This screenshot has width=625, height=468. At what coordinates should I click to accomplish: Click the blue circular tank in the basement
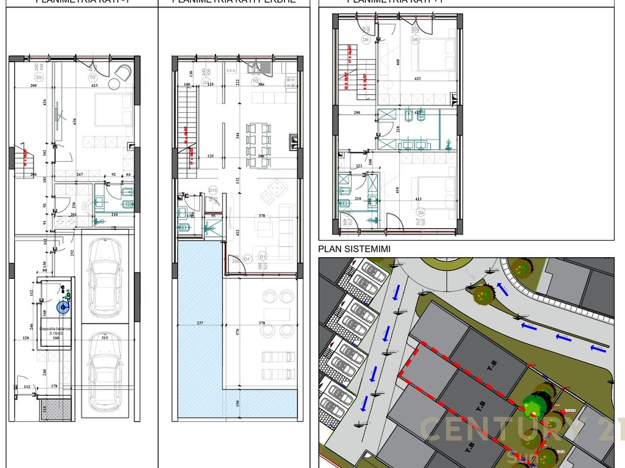click(62, 308)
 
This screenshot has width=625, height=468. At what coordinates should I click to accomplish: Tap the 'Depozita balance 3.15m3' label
click(56, 331)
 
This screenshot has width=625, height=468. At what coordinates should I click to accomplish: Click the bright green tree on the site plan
click(536, 403)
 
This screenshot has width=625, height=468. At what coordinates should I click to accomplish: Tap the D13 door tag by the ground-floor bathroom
click(212, 190)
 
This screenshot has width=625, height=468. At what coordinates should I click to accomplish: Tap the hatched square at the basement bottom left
click(56, 409)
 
